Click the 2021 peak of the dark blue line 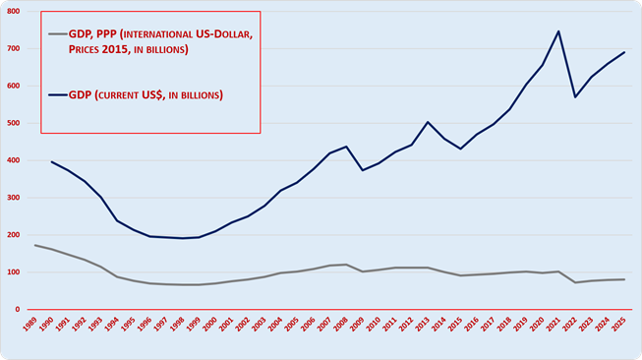coord(558,31)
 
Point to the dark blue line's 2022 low coord(575,97)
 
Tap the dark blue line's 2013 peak coord(428,122)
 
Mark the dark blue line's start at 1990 coord(51,161)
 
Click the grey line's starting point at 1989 coord(35,245)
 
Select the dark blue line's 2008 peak coord(346,147)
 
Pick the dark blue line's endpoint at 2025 coord(624,52)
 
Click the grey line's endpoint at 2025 coord(624,279)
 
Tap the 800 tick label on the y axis coord(14,12)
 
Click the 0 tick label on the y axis coord(18,310)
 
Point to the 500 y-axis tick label coord(14,123)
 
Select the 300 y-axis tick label coord(14,198)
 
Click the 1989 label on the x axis coord(29,324)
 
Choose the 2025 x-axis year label coord(618,324)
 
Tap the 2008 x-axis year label coord(340,324)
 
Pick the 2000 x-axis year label coord(209,324)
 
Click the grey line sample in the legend coord(58,34)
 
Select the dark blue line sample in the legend coord(58,95)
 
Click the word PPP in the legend coord(106,34)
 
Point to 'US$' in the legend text coord(152,95)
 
